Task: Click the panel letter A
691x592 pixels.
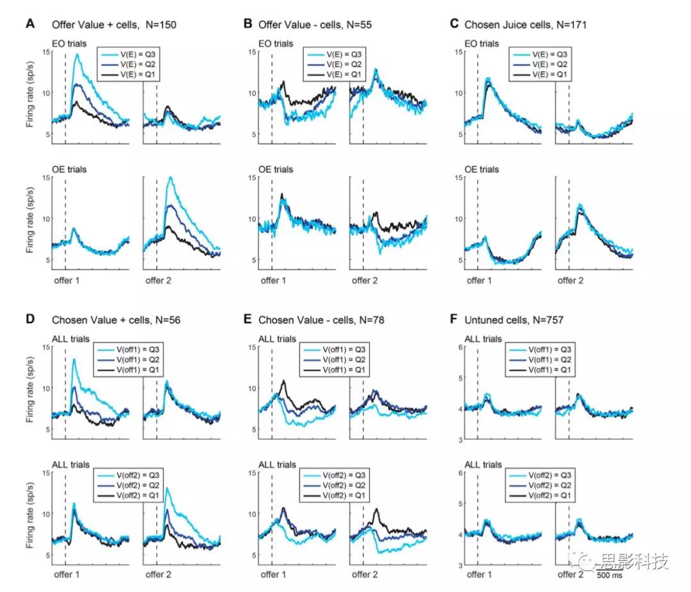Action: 30,24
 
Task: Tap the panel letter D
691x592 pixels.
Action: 30,319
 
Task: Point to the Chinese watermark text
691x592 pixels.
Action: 633,563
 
